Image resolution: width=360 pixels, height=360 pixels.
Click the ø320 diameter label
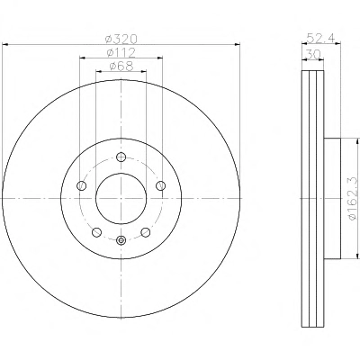tap(121, 39)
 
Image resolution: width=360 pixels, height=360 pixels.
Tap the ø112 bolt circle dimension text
tap(121, 53)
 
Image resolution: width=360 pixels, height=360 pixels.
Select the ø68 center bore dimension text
tap(121, 67)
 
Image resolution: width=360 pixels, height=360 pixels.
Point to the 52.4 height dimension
tap(321, 38)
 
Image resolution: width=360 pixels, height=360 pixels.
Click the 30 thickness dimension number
tap(313, 55)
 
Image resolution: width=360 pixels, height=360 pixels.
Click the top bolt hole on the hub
tap(121, 157)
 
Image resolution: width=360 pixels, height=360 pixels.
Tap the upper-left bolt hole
tap(82, 185)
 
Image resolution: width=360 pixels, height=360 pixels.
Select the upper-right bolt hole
tap(161, 185)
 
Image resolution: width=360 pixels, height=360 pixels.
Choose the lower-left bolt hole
tap(96, 232)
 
